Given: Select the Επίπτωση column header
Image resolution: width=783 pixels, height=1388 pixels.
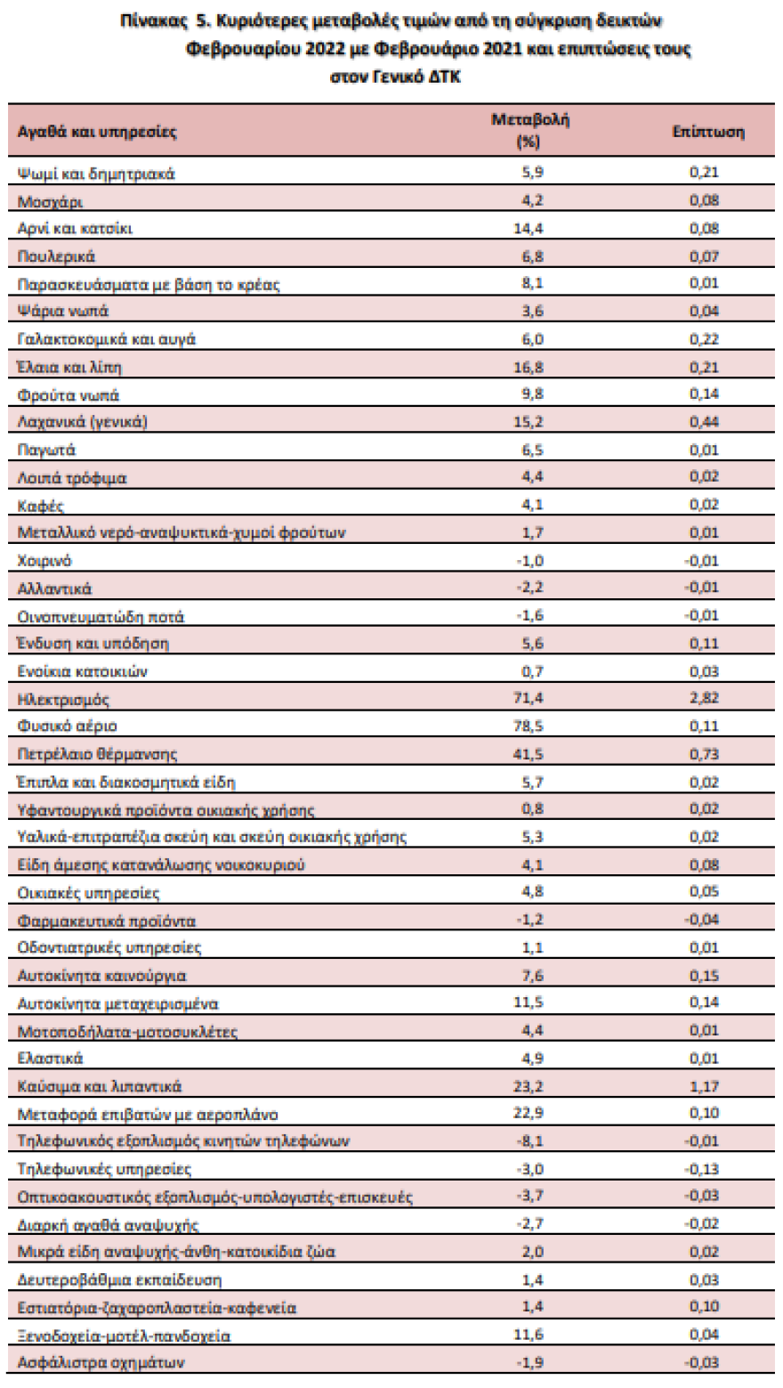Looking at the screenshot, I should pyautogui.click(x=708, y=132).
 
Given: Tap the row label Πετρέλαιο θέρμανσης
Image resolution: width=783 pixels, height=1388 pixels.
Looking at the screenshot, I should pyautogui.click(x=98, y=755).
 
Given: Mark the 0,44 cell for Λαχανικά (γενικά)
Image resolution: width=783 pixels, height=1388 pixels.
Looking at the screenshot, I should pyautogui.click(x=703, y=421).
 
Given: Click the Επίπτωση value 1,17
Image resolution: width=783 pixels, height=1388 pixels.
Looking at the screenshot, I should pyautogui.click(x=703, y=1084).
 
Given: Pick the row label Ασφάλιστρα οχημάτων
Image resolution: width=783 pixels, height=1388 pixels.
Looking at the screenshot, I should pyautogui.click(x=103, y=1362).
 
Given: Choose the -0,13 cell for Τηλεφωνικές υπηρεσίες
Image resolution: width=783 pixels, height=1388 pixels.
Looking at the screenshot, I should pyautogui.click(x=702, y=1168).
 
